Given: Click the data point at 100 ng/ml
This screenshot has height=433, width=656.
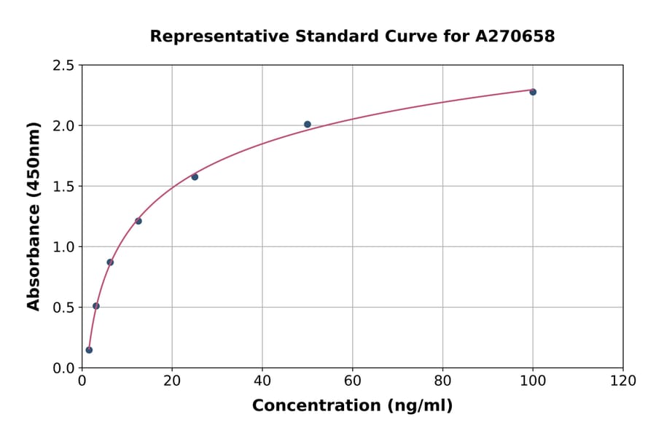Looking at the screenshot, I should click(x=533, y=92).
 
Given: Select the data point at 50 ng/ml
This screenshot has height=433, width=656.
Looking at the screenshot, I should click(x=308, y=125).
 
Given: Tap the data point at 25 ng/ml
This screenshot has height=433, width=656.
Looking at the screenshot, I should click(x=195, y=177).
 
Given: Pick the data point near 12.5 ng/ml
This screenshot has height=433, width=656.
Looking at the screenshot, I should click(x=138, y=221).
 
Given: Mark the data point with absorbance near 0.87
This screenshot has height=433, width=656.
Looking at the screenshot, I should click(x=110, y=262).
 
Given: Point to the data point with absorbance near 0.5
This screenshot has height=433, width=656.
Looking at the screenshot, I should click(x=96, y=306).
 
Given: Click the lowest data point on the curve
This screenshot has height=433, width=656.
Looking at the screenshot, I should click(x=89, y=350).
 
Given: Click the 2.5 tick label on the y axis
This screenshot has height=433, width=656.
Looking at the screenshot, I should click(x=63, y=66).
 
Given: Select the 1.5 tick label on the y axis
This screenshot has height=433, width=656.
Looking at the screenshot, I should click(x=63, y=187).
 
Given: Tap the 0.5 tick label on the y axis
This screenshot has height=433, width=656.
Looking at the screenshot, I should click(x=63, y=308).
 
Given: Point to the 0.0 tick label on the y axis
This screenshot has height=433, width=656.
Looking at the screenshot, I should click(x=63, y=368).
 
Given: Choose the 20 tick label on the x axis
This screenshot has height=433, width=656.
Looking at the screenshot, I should click(x=172, y=381).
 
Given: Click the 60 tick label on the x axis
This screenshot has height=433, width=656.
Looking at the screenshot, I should click(x=352, y=381).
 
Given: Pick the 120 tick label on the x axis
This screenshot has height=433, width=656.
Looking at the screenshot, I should click(x=623, y=381).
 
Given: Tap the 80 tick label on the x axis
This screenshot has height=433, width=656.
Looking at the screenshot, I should click(x=442, y=381).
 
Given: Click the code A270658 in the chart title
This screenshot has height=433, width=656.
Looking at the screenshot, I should click(x=515, y=36).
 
